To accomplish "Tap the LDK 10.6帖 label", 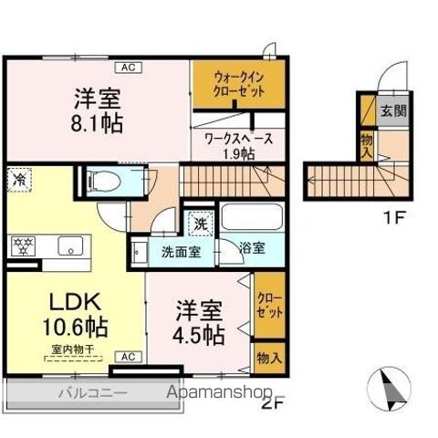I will click(61, 314).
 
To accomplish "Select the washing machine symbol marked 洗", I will click(199, 222).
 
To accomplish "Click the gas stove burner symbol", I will click(22, 245).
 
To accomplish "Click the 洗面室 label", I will click(182, 252).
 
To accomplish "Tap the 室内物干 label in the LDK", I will click(62, 349).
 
